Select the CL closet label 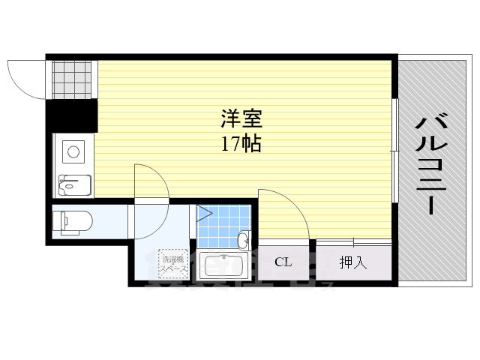point(283,262)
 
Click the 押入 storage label point(353,262)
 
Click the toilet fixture point(72,222)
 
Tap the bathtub point(223,266)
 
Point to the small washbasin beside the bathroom point(243,241)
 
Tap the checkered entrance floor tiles point(72,78)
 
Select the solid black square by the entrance point(72,115)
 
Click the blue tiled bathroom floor point(221,224)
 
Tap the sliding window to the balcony point(394,150)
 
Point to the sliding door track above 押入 point(353,241)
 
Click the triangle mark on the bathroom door point(203,214)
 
